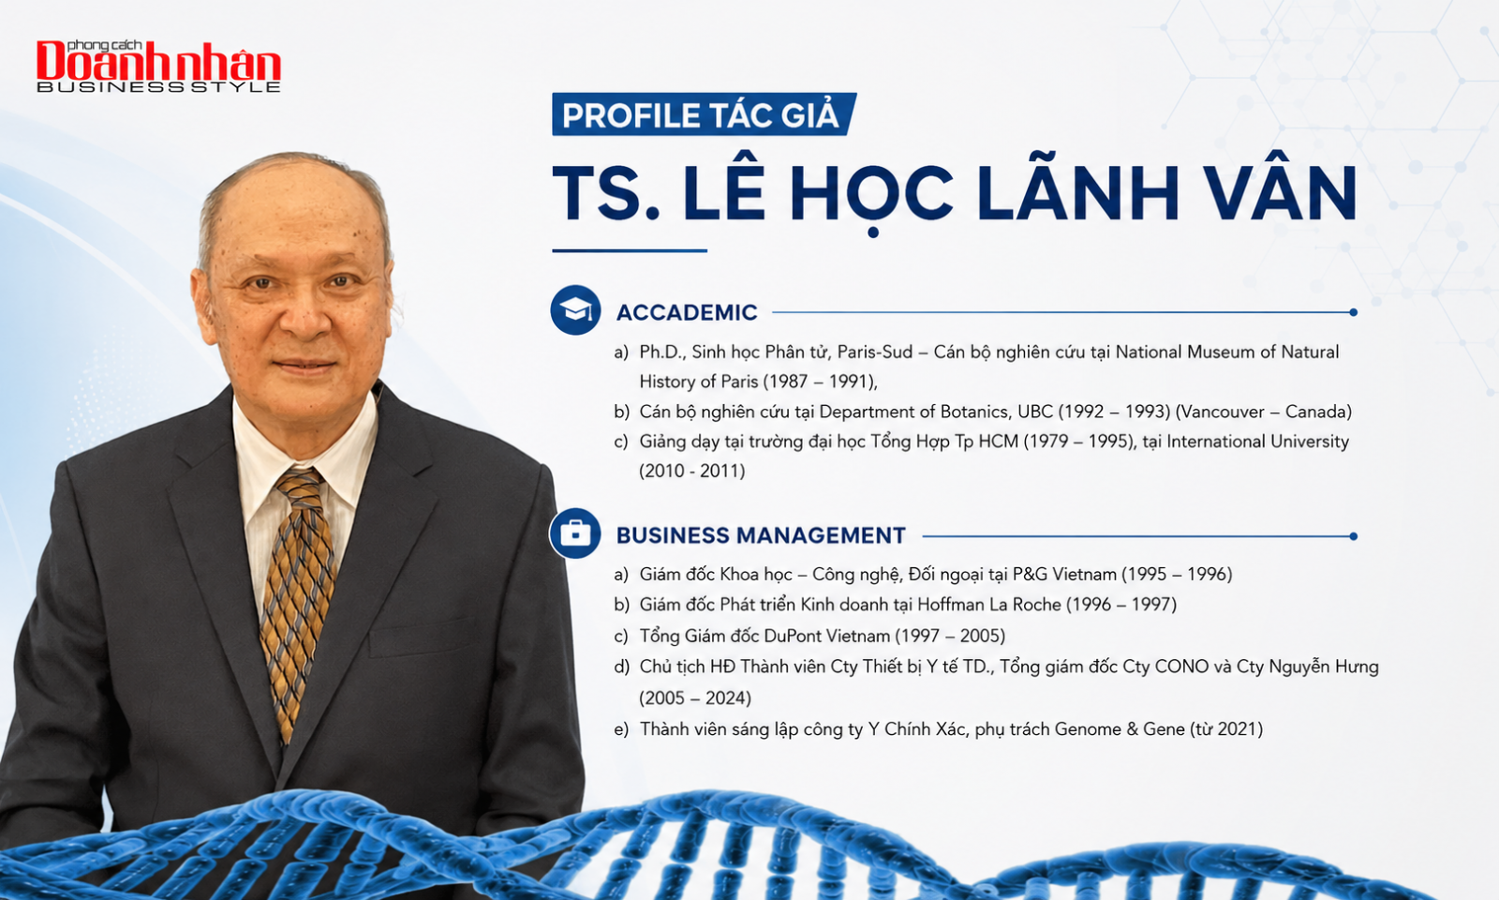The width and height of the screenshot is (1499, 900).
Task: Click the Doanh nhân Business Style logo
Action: tap(158, 66)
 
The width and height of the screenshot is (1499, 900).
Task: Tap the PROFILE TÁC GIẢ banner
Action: tap(704, 114)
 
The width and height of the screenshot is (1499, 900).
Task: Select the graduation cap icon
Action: tap(575, 310)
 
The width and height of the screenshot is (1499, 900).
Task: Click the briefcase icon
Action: tap(575, 533)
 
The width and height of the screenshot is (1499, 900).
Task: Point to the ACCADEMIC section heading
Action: tap(687, 313)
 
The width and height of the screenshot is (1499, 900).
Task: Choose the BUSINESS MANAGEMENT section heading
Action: tap(761, 535)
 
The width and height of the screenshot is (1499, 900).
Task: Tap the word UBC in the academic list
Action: tap(1034, 412)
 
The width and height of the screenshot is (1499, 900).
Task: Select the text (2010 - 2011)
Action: tap(692, 471)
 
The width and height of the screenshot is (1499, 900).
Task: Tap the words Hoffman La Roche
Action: tap(989, 605)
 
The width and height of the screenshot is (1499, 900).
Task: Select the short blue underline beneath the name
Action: tap(630, 251)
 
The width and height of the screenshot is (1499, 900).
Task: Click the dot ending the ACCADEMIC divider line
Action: tap(1353, 313)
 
